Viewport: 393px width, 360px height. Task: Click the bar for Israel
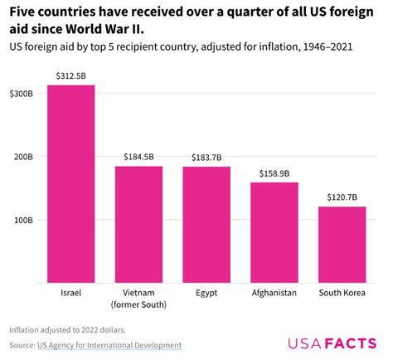pyautogui.click(x=70, y=184)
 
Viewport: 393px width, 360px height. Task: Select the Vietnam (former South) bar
pyautogui.click(x=138, y=225)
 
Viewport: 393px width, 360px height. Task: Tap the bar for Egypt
pyautogui.click(x=206, y=225)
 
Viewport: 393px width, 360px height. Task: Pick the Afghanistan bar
pyautogui.click(x=274, y=233)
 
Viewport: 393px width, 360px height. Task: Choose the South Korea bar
pyautogui.click(x=342, y=245)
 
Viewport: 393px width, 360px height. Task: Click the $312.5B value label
pyautogui.click(x=70, y=76)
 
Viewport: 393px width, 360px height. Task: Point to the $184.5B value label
pyautogui.click(x=138, y=158)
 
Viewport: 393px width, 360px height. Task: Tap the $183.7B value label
pyautogui.click(x=206, y=158)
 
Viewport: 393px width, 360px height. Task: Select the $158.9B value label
pyautogui.click(x=274, y=173)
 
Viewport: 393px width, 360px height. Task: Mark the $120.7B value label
pyautogui.click(x=342, y=197)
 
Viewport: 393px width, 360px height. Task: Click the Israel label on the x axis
pyautogui.click(x=70, y=293)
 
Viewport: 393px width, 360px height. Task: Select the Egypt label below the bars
pyautogui.click(x=206, y=293)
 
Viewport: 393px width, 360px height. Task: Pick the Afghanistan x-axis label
pyautogui.click(x=274, y=293)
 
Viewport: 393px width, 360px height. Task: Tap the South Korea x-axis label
pyautogui.click(x=342, y=293)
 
